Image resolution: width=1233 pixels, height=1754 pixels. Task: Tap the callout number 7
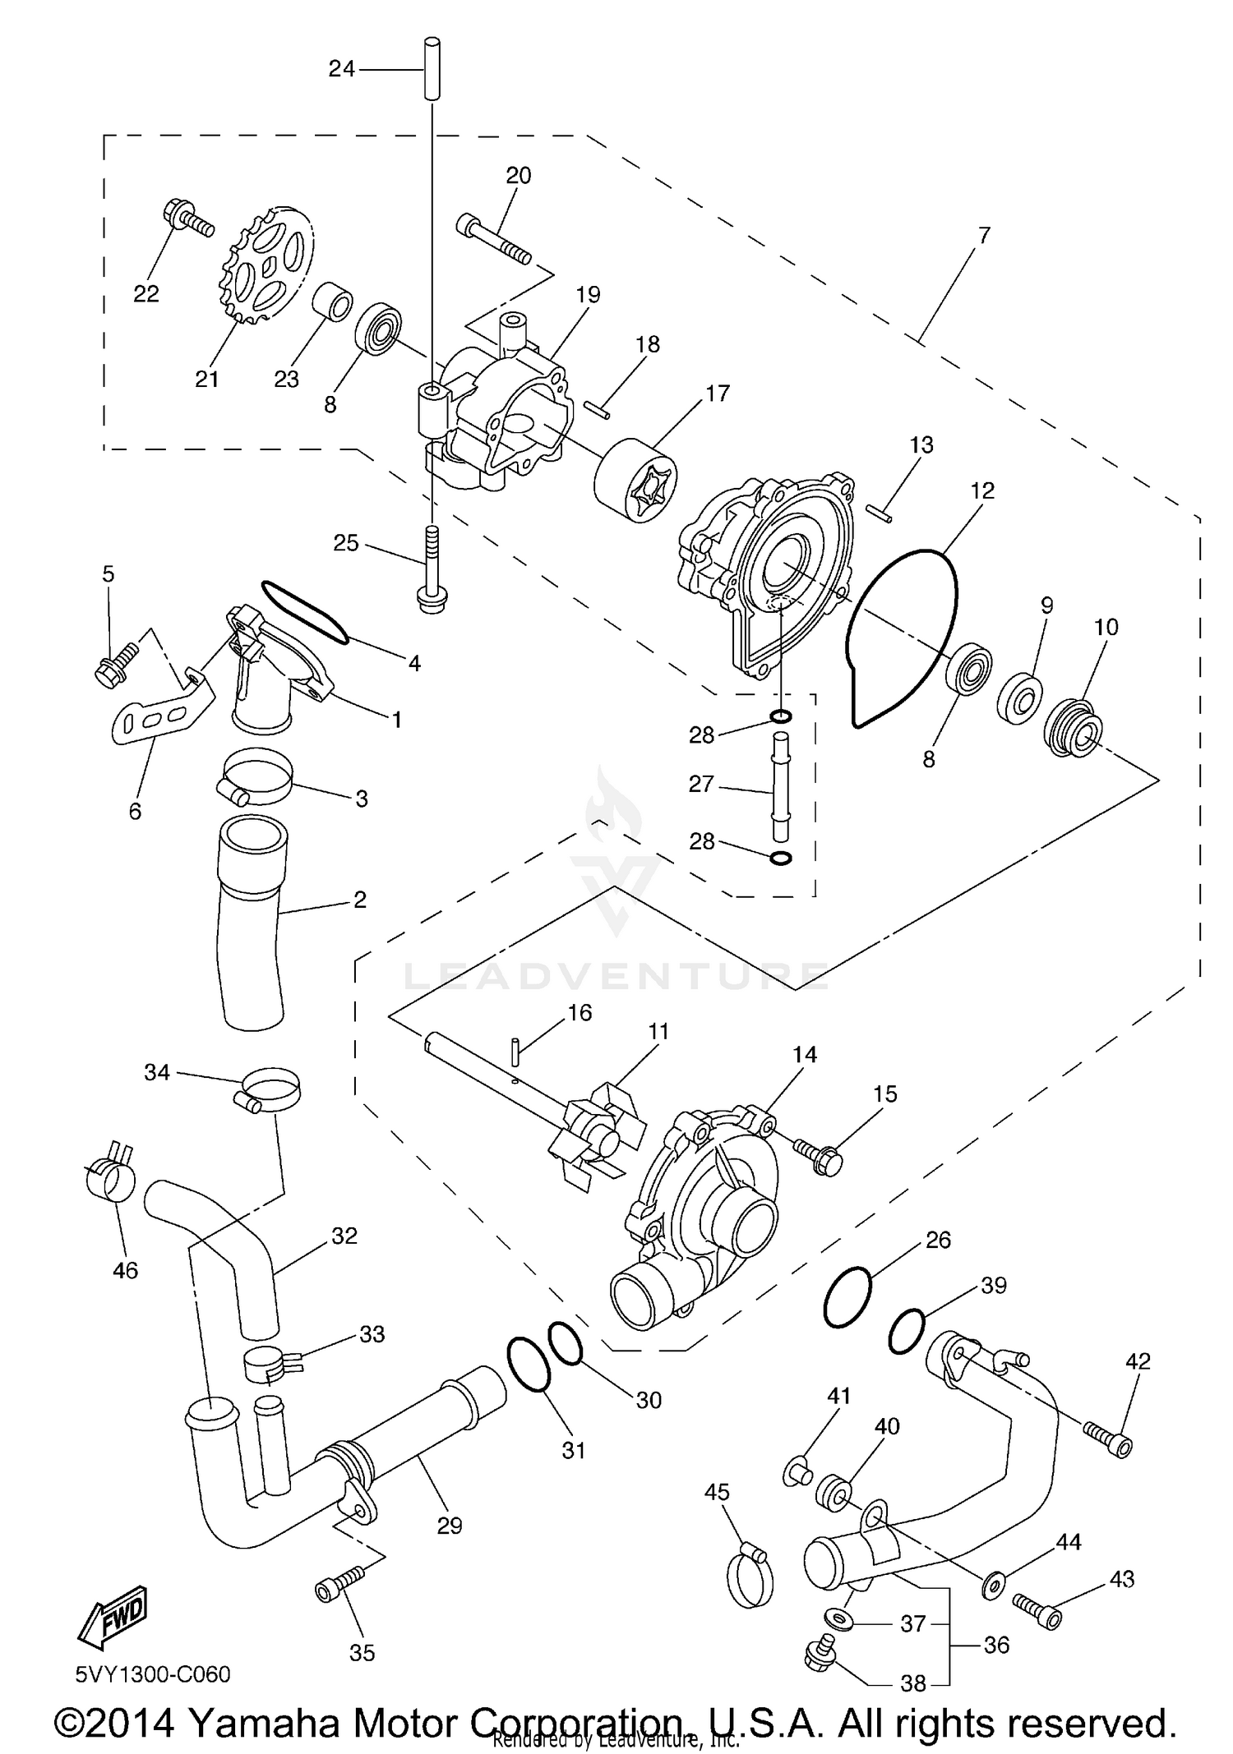(984, 235)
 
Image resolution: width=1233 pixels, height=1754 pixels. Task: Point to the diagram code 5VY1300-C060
(153, 1673)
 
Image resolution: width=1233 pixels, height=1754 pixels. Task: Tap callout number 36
(996, 1646)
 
